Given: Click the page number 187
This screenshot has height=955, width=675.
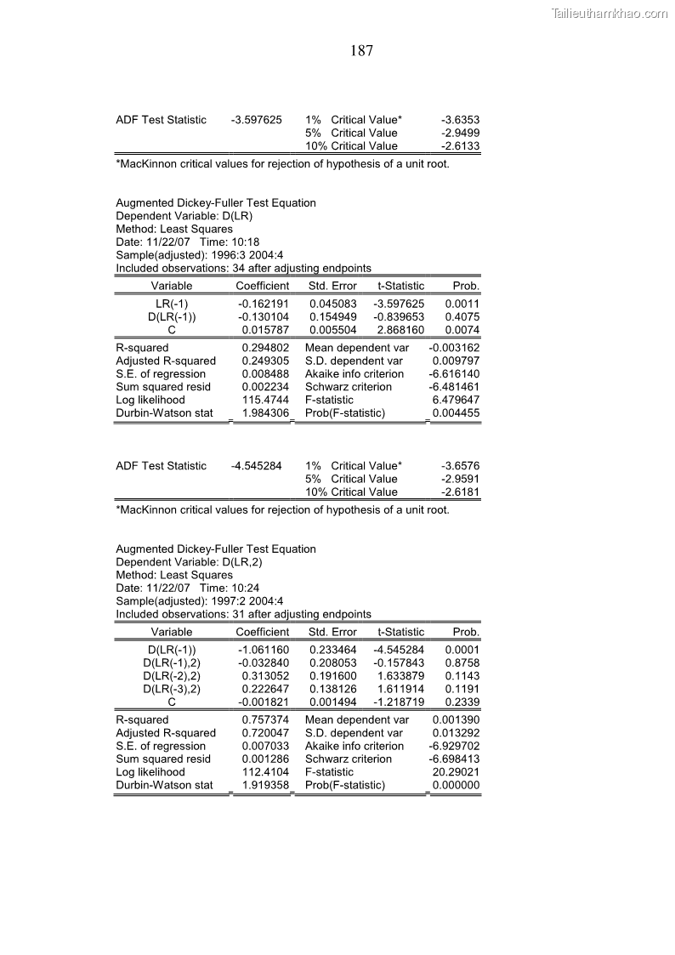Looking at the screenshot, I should tap(361, 51).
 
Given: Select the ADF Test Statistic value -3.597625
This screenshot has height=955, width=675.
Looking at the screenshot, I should tap(257, 120).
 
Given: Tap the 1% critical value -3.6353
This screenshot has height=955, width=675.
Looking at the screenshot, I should tap(460, 120).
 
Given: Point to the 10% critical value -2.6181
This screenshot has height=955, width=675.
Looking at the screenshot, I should tap(460, 492).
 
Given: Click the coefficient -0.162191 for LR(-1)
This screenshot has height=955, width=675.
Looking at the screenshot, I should tap(263, 304).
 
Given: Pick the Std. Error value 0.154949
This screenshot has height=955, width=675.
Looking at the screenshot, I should tap(333, 316).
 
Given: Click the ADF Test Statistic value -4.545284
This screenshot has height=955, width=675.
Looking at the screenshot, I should tap(257, 466).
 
